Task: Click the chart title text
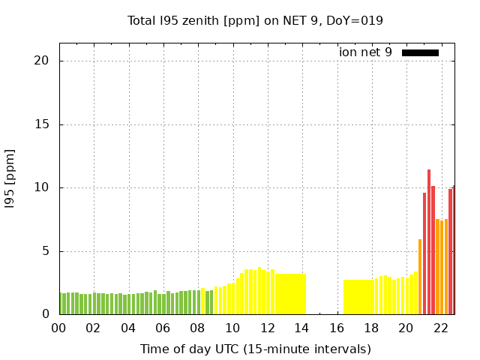pos(255,20)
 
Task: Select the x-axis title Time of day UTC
pos(255,349)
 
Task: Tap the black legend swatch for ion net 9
pos(420,52)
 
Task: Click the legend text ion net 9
pos(365,52)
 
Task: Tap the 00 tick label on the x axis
pos(58,328)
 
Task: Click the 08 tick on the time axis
pos(197,328)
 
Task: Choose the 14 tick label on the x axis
pos(301,328)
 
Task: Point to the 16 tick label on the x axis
pos(336,328)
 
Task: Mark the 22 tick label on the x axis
pos(440,328)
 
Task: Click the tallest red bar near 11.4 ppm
pos(429,244)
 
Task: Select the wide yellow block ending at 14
pos(290,294)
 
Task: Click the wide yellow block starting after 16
pos(360,297)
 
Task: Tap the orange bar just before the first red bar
pos(420,277)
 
